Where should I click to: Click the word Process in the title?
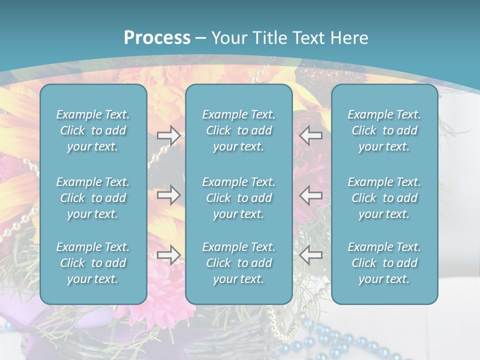tap(157, 38)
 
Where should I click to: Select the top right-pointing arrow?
tap(168, 135)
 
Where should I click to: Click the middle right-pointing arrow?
tap(168, 195)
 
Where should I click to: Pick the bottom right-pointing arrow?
tap(168, 255)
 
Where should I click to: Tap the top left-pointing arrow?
tap(311, 135)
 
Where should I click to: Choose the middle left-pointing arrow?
tap(311, 195)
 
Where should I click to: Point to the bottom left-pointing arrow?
tap(311, 255)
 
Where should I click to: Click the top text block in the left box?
tap(93, 130)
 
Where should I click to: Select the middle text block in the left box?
tap(93, 198)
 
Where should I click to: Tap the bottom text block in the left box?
tap(93, 263)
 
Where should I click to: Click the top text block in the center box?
tap(238, 130)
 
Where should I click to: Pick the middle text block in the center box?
tap(238, 198)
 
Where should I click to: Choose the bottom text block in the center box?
tap(238, 263)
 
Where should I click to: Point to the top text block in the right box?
tap(384, 130)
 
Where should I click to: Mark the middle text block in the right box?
tap(384, 198)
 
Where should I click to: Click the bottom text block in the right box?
tap(384, 263)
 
